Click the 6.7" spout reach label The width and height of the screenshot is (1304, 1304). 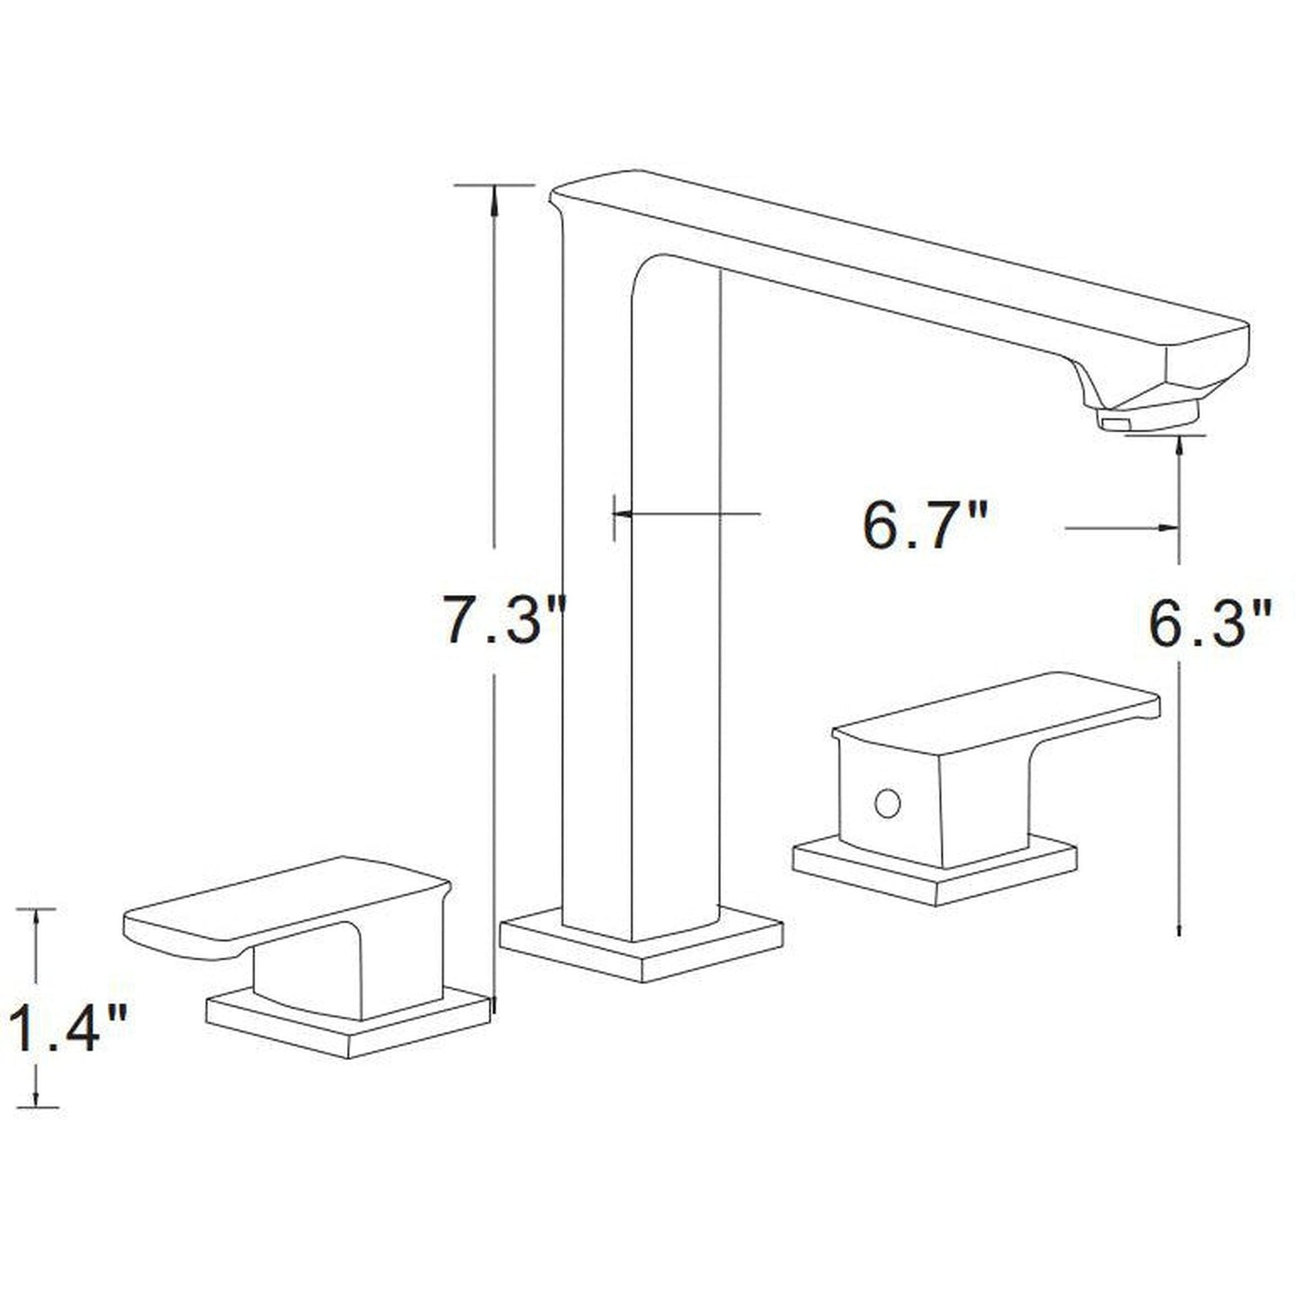coord(926,525)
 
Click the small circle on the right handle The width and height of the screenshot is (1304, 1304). coord(887,804)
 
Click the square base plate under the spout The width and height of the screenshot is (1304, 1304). coord(641,954)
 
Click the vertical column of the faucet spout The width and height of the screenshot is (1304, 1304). coord(641,608)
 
